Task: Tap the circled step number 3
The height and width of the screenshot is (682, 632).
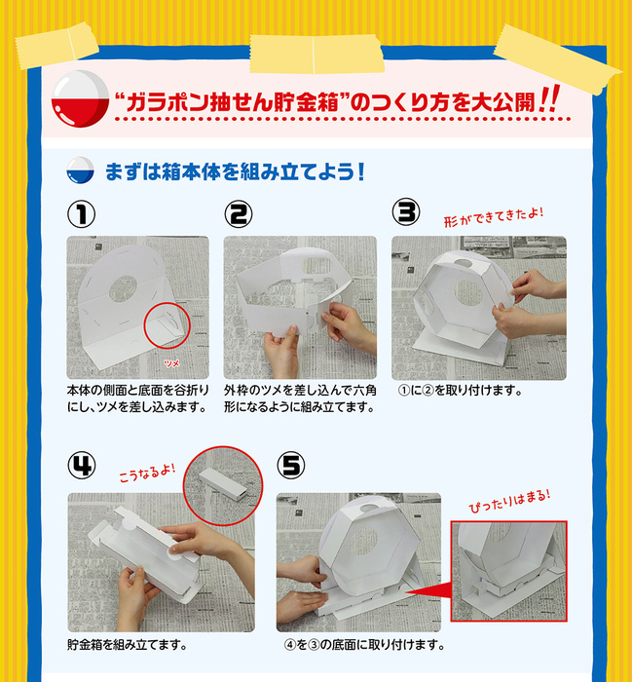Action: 405,211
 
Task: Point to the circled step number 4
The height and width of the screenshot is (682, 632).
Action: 81,466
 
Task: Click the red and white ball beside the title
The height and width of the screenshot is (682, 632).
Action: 77,101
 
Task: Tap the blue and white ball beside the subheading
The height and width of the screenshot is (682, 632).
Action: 78,173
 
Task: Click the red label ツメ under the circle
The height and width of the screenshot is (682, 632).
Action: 171,360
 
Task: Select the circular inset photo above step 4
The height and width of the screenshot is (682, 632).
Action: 223,484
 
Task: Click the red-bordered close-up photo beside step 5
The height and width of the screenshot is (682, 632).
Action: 509,571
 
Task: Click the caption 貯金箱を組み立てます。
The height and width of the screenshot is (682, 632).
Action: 127,645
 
